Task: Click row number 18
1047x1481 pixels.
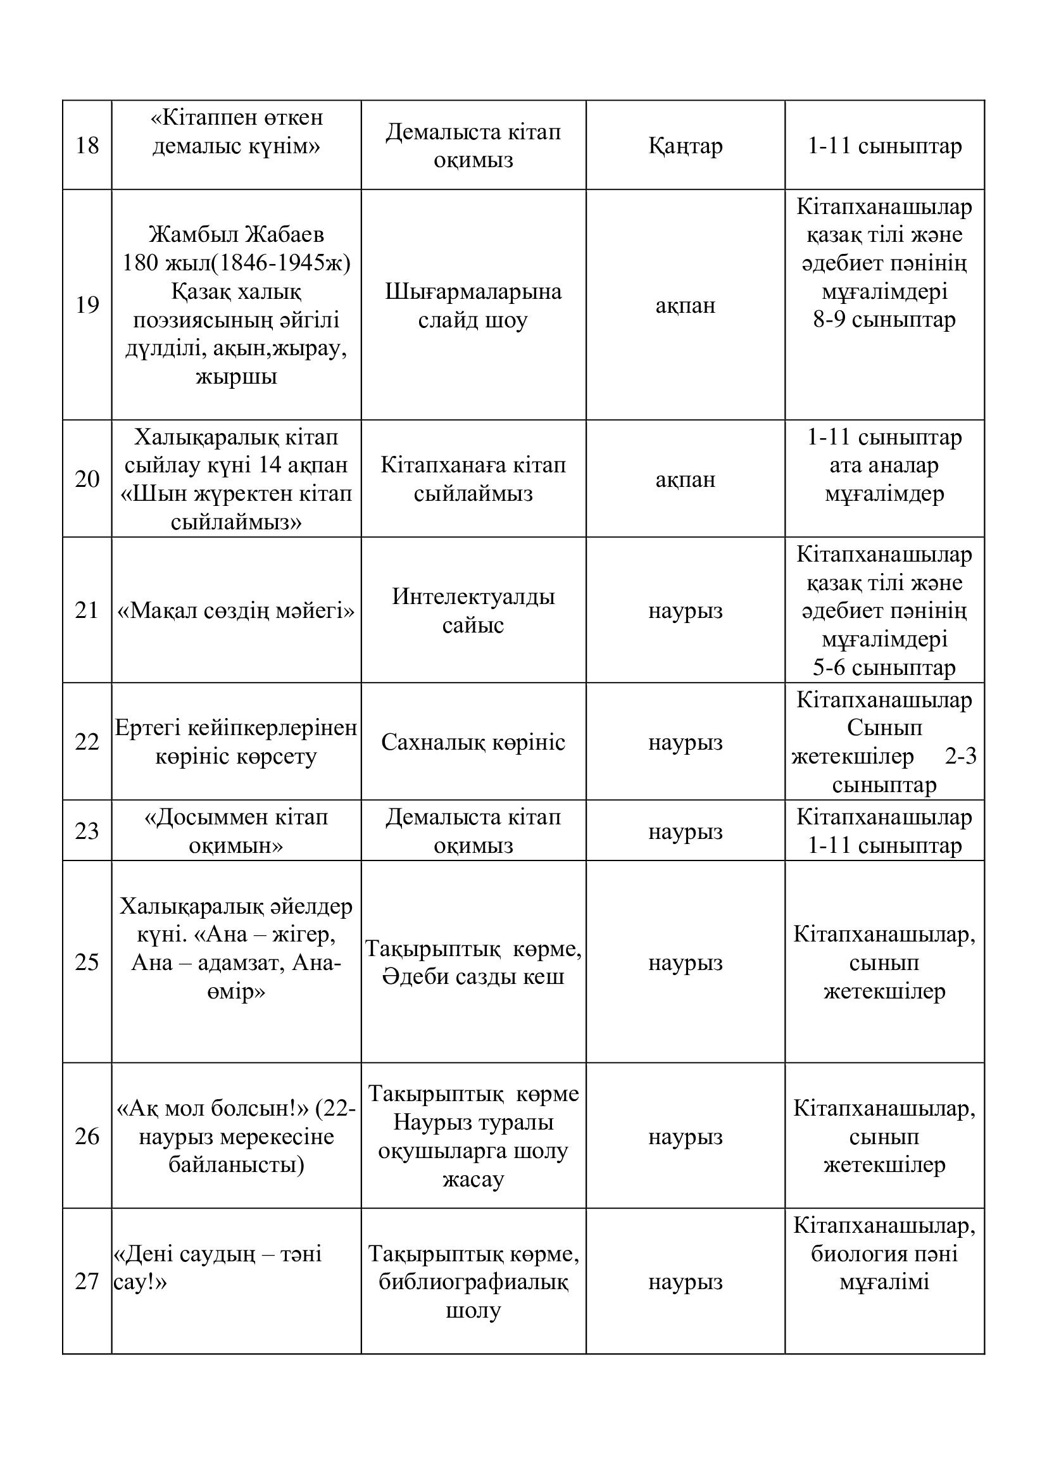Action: click(x=87, y=146)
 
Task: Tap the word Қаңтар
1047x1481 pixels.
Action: click(x=686, y=146)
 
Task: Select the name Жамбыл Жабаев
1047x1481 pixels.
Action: click(x=236, y=234)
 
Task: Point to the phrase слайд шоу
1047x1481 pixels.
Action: click(x=473, y=320)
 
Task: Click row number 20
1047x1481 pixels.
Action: click(x=87, y=479)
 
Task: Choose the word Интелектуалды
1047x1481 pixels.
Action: click(x=473, y=596)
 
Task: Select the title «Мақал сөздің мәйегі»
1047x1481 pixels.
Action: click(x=236, y=610)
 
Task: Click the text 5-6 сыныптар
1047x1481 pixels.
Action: click(x=884, y=667)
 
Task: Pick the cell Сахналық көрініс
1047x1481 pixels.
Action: click(x=473, y=743)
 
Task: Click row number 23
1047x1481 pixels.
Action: click(x=87, y=831)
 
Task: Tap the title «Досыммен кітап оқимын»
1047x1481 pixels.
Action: click(x=236, y=831)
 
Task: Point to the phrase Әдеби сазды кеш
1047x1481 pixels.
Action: click(x=473, y=976)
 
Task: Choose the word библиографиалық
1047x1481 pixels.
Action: click(x=473, y=1282)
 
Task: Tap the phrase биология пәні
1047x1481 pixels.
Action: click(x=884, y=1253)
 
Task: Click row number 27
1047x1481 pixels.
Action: click(x=87, y=1281)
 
